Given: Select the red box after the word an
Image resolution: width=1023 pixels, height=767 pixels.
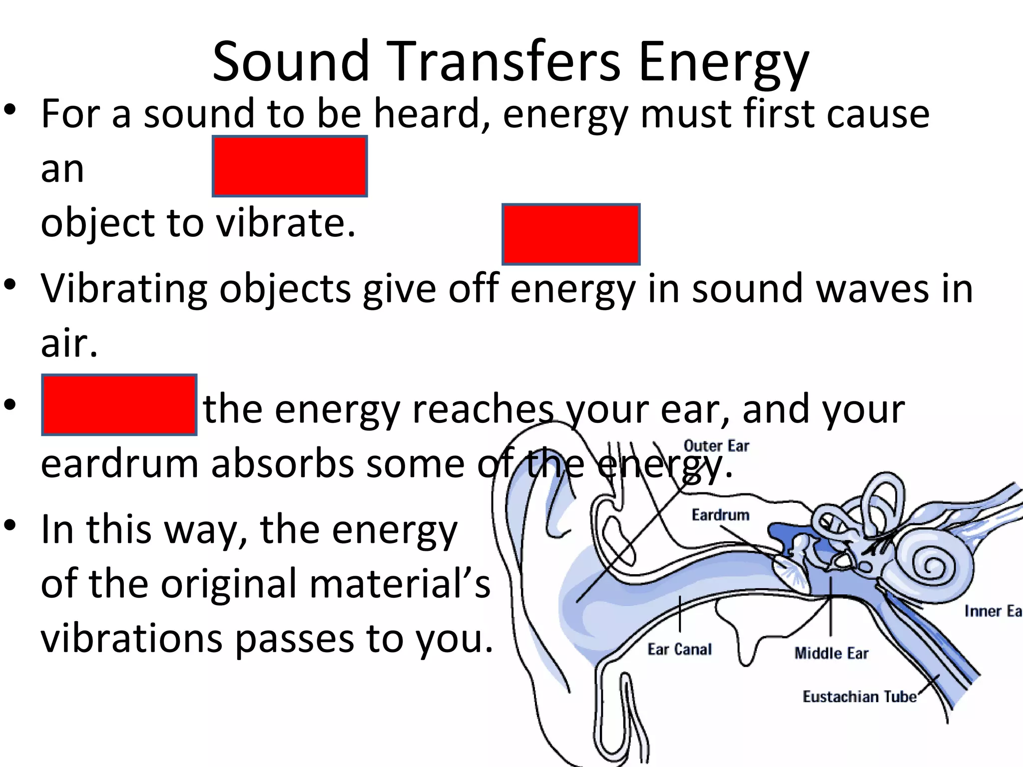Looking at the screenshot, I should point(290,166).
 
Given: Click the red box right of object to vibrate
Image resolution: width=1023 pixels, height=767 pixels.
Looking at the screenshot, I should point(571,234).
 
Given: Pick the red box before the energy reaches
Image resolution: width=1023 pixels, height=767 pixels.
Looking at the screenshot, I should point(119,404).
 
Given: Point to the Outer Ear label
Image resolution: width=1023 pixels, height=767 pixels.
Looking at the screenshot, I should point(716,446).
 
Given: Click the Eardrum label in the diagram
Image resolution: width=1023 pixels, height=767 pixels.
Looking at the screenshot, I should point(720,515).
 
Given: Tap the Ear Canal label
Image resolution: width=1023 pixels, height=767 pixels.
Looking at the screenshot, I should point(679,649).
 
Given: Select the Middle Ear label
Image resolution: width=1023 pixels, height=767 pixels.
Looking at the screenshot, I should point(831,653).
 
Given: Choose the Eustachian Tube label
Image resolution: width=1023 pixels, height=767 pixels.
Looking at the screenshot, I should point(859,697).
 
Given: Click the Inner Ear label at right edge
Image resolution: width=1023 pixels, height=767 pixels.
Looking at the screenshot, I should point(992,611).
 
